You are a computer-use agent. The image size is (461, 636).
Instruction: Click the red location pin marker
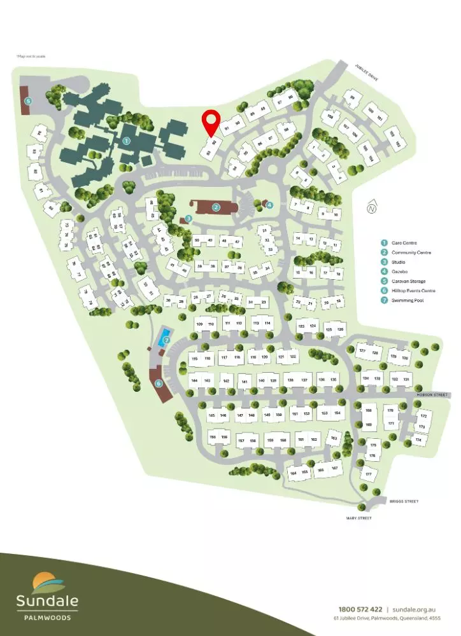tap(210, 123)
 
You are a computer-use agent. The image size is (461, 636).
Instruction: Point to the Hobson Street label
tap(432, 395)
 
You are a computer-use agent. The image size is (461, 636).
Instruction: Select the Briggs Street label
tap(403, 502)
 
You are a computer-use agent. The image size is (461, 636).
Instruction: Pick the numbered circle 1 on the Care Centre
tap(126, 141)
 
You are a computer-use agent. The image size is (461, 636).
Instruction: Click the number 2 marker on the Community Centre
tap(216, 207)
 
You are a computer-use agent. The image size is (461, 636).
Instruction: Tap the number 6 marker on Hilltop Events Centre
tap(159, 384)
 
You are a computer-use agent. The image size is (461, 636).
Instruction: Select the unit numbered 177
tap(368, 474)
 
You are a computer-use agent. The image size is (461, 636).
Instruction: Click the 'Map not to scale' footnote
tap(30, 56)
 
